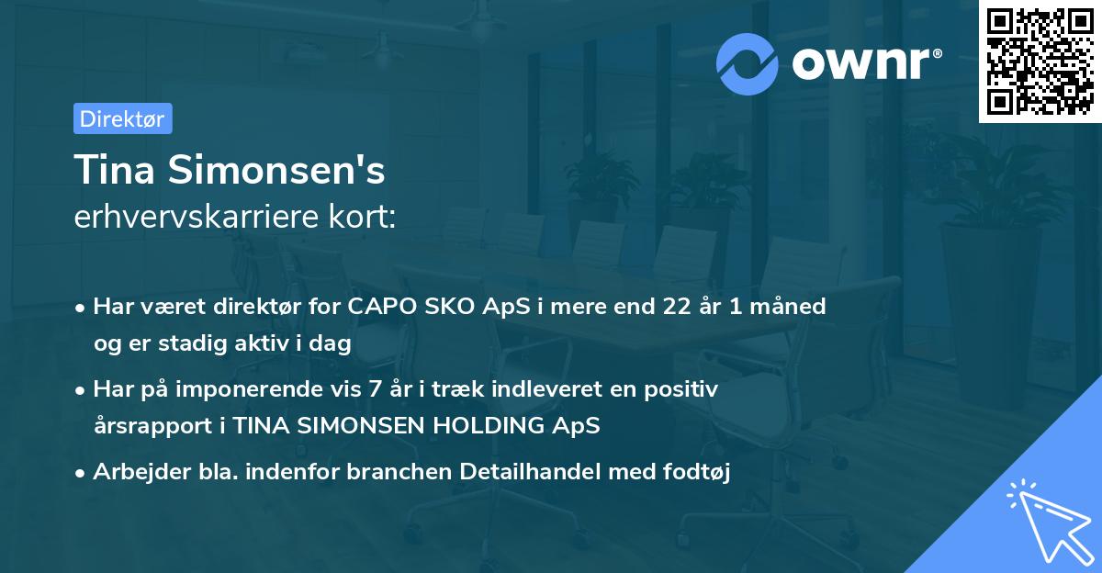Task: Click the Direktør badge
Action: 122,118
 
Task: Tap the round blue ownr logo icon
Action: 748,63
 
